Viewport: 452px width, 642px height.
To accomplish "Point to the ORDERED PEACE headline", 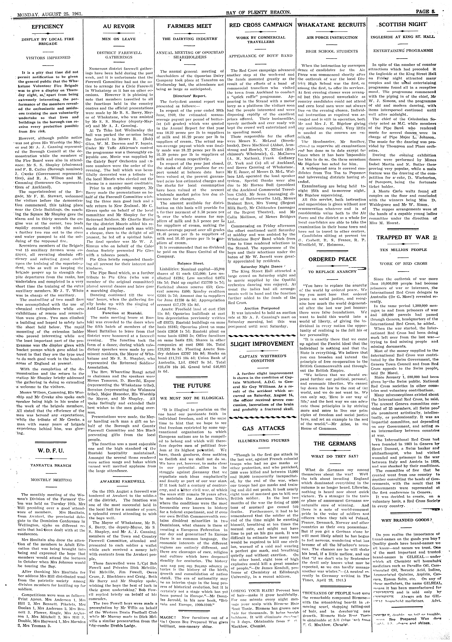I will tap(332, 259).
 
